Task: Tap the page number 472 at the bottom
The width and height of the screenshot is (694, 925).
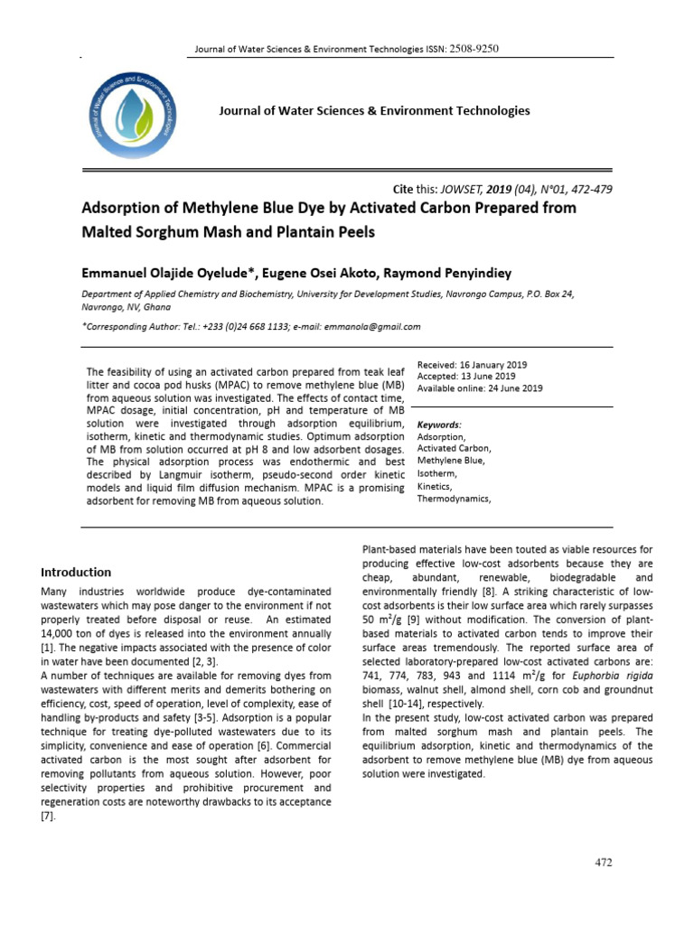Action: point(604,863)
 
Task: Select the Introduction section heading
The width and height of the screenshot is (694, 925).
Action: point(76,572)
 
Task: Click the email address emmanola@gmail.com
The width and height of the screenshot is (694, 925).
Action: point(372,327)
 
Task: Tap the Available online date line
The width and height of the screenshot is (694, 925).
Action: point(479,388)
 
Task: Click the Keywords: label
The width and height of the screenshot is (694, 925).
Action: point(439,424)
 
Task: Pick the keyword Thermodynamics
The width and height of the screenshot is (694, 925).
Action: point(454,498)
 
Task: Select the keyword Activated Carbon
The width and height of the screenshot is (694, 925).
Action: point(454,448)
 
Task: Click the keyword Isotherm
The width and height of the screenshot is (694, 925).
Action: point(437,472)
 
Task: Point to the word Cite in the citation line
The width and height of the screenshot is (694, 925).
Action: point(402,189)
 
